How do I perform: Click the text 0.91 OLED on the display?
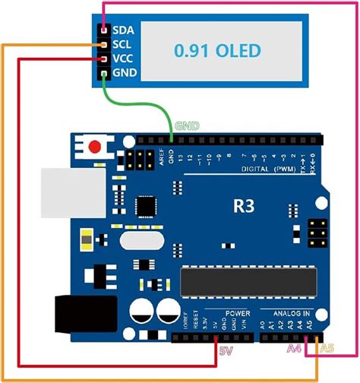[217, 51]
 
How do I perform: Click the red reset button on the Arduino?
[96, 147]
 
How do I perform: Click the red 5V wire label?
[227, 350]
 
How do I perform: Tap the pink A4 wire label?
[294, 349]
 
